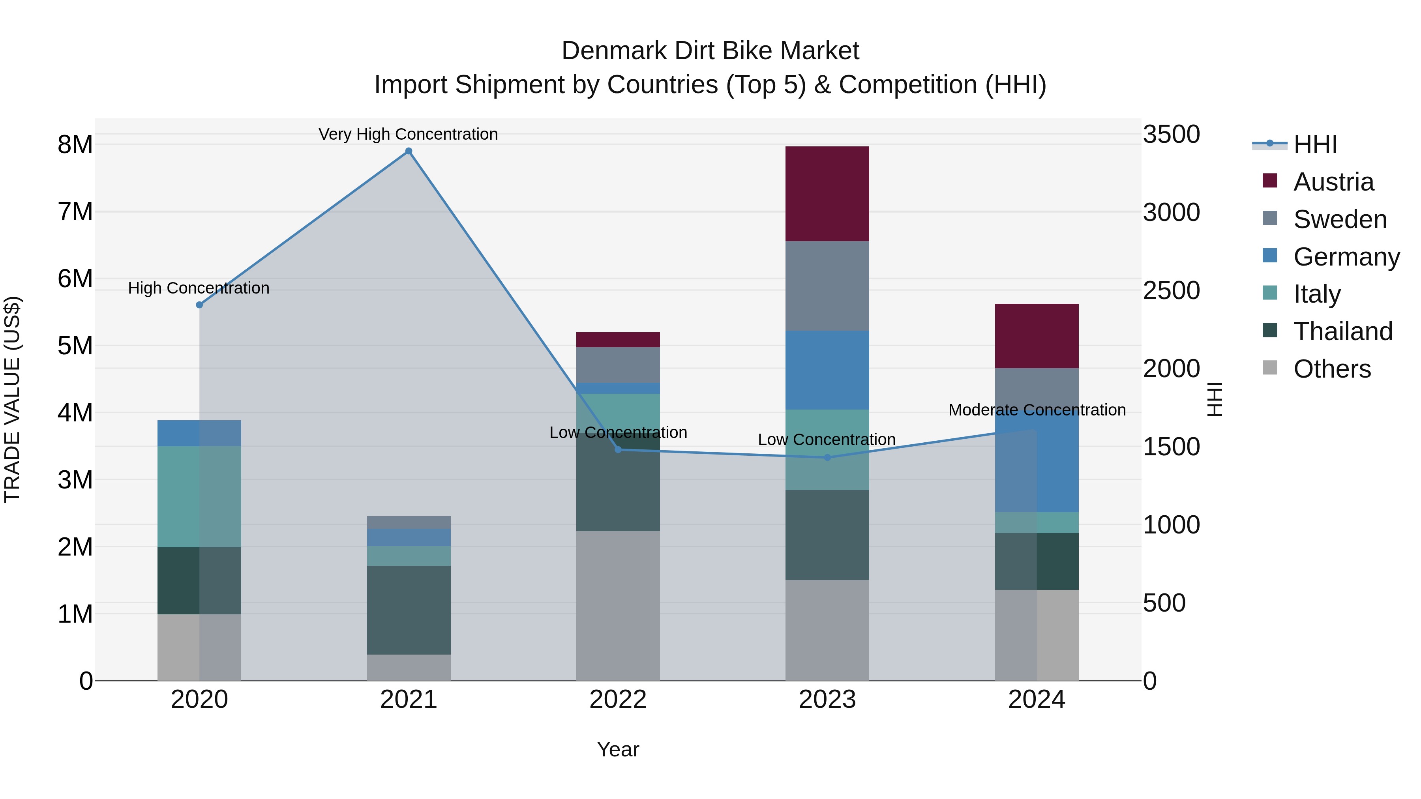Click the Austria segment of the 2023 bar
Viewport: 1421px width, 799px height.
click(827, 194)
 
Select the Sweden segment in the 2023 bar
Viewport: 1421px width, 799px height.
click(827, 286)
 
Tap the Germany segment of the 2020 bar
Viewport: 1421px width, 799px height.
click(199, 433)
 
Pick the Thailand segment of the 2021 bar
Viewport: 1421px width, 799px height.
click(409, 610)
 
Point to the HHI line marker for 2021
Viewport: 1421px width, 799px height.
click(409, 151)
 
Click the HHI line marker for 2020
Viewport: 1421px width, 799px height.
click(200, 305)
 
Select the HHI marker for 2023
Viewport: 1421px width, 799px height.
click(827, 457)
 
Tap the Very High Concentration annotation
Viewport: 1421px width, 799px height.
click(408, 134)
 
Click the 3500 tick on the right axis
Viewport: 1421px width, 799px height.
click(1171, 134)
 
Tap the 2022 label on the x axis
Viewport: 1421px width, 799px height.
click(618, 699)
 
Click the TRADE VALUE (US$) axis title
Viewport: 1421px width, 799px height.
click(12, 399)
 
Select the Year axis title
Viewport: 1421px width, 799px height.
click(618, 749)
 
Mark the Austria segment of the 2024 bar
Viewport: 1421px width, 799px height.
click(1037, 336)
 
